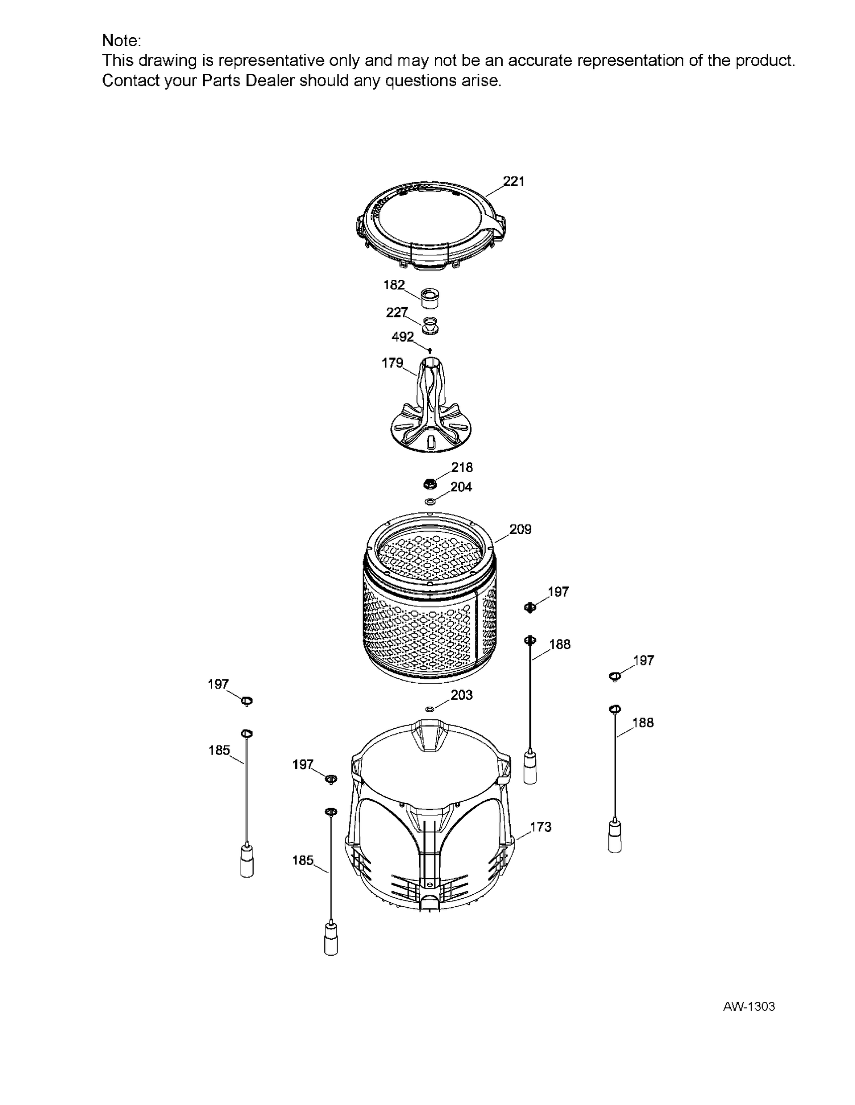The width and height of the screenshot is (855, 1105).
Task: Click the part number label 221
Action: click(514, 181)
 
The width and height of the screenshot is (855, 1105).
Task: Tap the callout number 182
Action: click(394, 285)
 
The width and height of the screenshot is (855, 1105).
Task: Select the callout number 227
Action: click(397, 312)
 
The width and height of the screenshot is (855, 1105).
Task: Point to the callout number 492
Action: click(402, 337)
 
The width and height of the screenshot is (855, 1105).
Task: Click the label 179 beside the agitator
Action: click(392, 363)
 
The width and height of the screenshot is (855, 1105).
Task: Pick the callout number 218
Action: click(462, 467)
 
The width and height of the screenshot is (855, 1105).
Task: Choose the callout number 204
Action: click(461, 487)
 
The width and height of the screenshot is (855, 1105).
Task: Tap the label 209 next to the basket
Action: click(520, 529)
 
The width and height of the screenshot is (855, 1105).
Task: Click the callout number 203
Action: click(461, 695)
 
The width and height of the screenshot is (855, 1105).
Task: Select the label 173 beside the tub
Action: click(540, 827)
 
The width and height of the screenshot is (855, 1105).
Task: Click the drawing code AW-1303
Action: click(749, 1007)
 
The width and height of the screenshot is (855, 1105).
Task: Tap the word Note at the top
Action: click(121, 41)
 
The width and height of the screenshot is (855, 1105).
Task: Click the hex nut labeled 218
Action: click(430, 484)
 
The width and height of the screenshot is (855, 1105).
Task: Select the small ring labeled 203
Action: click(430, 709)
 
